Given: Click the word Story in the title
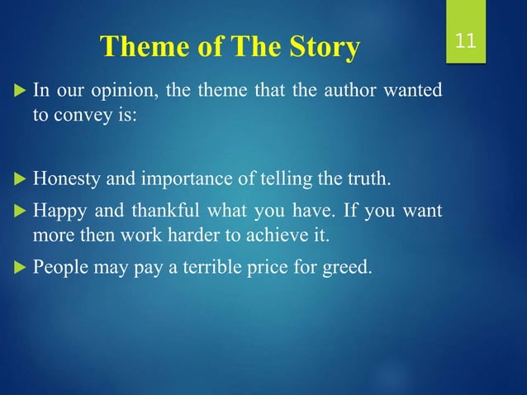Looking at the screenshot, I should (x=320, y=49).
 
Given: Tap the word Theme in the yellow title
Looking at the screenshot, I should (x=136, y=49).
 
